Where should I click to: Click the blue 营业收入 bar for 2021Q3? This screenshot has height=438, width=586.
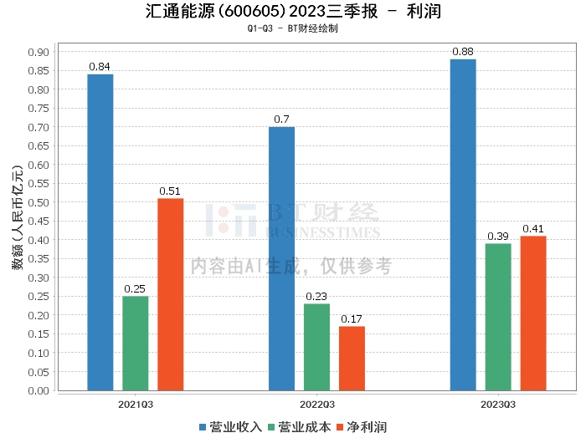(x=100, y=232)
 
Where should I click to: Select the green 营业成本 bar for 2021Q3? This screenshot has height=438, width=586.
(x=136, y=343)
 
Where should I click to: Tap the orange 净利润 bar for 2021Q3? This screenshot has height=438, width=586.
(x=170, y=294)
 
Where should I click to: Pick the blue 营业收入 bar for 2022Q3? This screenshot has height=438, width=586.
(x=281, y=258)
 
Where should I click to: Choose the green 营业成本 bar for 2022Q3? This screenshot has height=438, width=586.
(x=316, y=347)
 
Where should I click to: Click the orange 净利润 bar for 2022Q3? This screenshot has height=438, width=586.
(x=352, y=358)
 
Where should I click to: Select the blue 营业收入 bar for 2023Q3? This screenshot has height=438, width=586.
(x=463, y=225)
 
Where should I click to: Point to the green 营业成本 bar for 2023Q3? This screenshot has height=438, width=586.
(x=498, y=317)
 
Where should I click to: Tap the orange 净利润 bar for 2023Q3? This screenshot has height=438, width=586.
(x=533, y=313)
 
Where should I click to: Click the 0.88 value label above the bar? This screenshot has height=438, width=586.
(x=463, y=52)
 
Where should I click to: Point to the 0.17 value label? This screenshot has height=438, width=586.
(x=352, y=318)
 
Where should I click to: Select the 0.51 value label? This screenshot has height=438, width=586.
(x=170, y=191)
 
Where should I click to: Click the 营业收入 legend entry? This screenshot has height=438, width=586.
(x=230, y=427)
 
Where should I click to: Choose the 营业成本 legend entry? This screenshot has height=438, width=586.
(x=299, y=427)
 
